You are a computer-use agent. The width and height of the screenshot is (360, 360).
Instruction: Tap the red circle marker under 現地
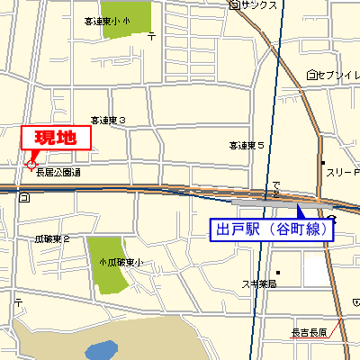pyautogui.click(x=31, y=165)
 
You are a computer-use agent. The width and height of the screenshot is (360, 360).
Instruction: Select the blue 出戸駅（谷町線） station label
pyautogui.click(x=272, y=229)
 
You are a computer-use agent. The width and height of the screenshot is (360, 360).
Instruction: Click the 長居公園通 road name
pyautogui.click(x=58, y=172)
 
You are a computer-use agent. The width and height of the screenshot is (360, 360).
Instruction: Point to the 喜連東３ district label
pyautogui.click(x=107, y=119)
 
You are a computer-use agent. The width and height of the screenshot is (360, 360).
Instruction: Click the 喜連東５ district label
pyautogui.click(x=246, y=144)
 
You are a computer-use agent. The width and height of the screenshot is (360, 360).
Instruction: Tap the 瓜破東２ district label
pyautogui.click(x=52, y=239)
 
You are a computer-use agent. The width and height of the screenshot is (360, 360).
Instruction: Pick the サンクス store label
pyautogui.click(x=258, y=5)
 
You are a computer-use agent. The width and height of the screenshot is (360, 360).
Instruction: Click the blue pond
pyautogui.click(x=103, y=349)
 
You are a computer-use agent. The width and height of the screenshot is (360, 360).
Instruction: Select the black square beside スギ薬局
pyautogui.click(x=279, y=273)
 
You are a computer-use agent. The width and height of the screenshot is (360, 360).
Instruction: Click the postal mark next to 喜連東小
pyautogui.click(x=151, y=36)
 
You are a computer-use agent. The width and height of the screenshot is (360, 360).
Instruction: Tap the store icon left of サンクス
pyautogui.click(x=234, y=5)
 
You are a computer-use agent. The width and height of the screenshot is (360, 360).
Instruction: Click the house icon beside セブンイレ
pyautogui.click(x=310, y=75)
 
